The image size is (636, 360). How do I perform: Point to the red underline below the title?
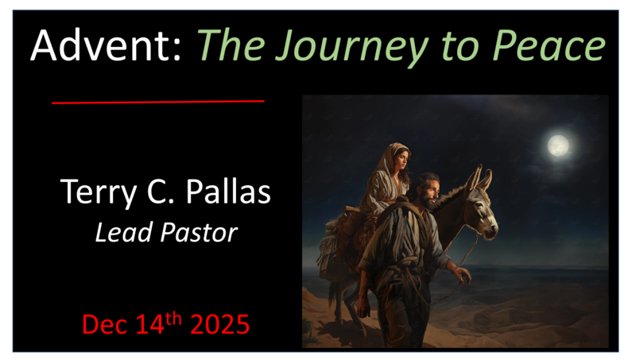157,102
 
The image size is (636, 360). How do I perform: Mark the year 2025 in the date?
217,325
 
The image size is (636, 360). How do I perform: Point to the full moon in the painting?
558,145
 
